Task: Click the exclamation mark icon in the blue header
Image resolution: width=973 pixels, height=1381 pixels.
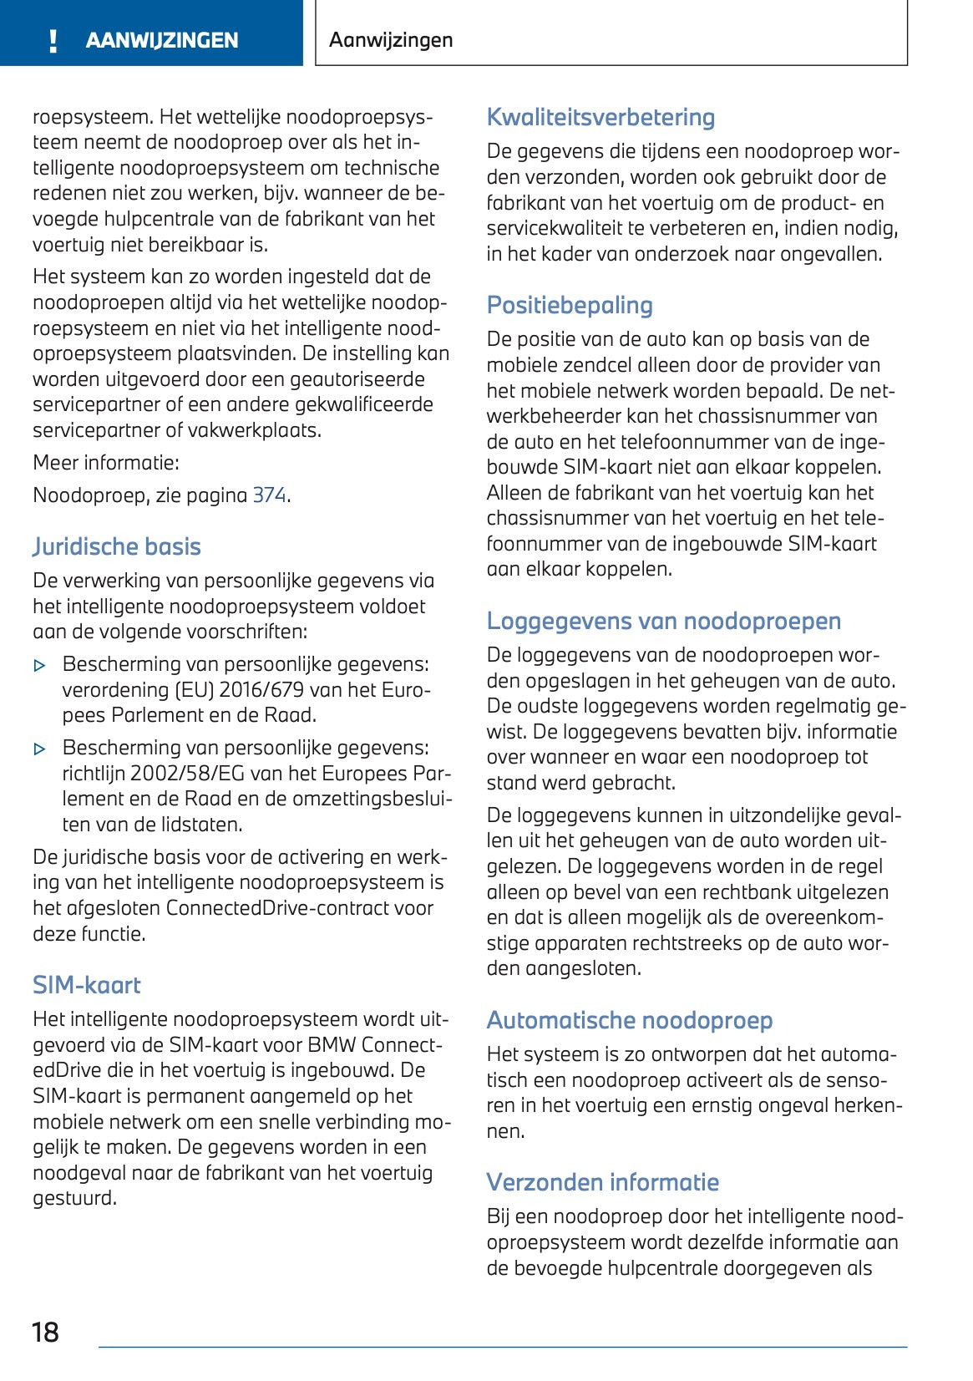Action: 53,41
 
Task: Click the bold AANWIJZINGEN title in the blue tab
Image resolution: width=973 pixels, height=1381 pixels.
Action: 162,40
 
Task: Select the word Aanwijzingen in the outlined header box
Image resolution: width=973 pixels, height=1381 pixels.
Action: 391,39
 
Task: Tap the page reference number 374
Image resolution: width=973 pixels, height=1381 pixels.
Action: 269,495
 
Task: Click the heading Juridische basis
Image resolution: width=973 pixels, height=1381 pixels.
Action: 117,546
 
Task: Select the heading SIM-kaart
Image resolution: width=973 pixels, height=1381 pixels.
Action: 87,985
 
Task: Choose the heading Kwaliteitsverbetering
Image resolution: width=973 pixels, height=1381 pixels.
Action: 601,117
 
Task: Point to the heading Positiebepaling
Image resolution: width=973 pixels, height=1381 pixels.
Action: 570,305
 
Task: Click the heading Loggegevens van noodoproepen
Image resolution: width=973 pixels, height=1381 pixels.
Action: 664,621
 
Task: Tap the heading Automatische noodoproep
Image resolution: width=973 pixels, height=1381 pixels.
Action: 630,1020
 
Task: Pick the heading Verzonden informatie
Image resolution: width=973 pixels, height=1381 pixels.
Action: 602,1182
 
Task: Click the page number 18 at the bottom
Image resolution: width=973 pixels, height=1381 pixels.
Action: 45,1332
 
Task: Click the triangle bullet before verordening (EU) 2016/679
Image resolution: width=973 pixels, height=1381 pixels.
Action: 39,666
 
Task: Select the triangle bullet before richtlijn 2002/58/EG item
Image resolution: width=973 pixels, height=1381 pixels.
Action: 39,749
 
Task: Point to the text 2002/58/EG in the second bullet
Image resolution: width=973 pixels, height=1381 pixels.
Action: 181,774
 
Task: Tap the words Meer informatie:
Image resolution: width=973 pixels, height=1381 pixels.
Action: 106,463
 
